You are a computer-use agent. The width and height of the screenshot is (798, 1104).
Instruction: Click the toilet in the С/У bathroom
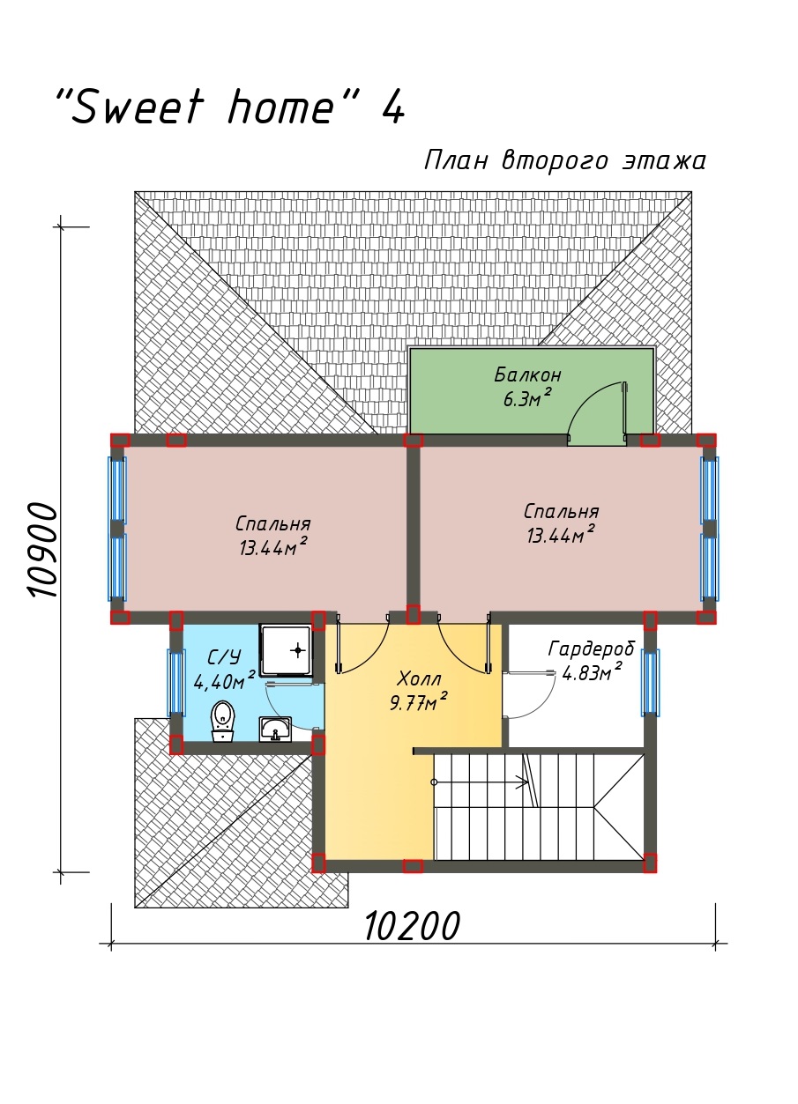223,721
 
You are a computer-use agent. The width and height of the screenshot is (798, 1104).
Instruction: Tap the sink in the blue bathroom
275,730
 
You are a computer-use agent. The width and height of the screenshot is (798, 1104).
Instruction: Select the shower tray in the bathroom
287,651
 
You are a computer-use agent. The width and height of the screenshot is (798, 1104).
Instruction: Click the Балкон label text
527,375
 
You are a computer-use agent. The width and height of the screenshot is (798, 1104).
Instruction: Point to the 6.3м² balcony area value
526,397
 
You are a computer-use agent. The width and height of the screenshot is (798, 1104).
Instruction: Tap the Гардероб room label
592,649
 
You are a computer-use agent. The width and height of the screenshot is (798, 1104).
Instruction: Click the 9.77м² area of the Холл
418,701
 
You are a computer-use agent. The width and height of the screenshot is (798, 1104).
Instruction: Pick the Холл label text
419,679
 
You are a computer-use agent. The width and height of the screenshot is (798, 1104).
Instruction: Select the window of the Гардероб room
650,683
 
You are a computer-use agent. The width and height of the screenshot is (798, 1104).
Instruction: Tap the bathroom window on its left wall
176,683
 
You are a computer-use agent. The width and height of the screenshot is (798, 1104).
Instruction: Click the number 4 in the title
393,106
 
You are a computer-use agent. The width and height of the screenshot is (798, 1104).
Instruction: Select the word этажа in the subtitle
663,160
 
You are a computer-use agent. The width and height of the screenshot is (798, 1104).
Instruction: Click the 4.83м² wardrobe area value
592,672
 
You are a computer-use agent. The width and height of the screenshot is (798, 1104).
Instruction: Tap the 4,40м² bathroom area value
224,680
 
